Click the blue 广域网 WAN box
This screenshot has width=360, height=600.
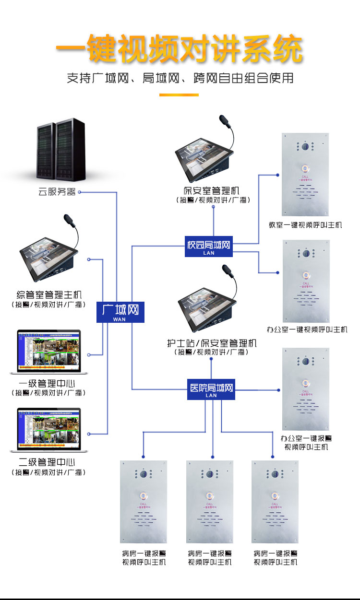click(120, 312)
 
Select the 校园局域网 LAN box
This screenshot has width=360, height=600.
click(209, 247)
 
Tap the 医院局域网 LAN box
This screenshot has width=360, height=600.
click(211, 389)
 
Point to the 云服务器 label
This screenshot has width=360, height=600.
click(57, 192)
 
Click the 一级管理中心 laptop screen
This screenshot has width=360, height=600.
click(48, 350)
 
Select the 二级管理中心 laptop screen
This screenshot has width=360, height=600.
click(48, 429)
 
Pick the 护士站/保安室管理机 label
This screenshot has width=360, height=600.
click(212, 343)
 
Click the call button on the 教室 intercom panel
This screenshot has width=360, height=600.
click(305, 168)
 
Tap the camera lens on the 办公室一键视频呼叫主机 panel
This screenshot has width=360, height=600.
click(305, 253)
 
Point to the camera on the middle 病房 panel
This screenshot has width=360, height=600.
click(210, 474)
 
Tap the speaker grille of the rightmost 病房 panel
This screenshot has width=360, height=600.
click(275, 518)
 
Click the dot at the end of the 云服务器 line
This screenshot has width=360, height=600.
click(80, 192)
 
